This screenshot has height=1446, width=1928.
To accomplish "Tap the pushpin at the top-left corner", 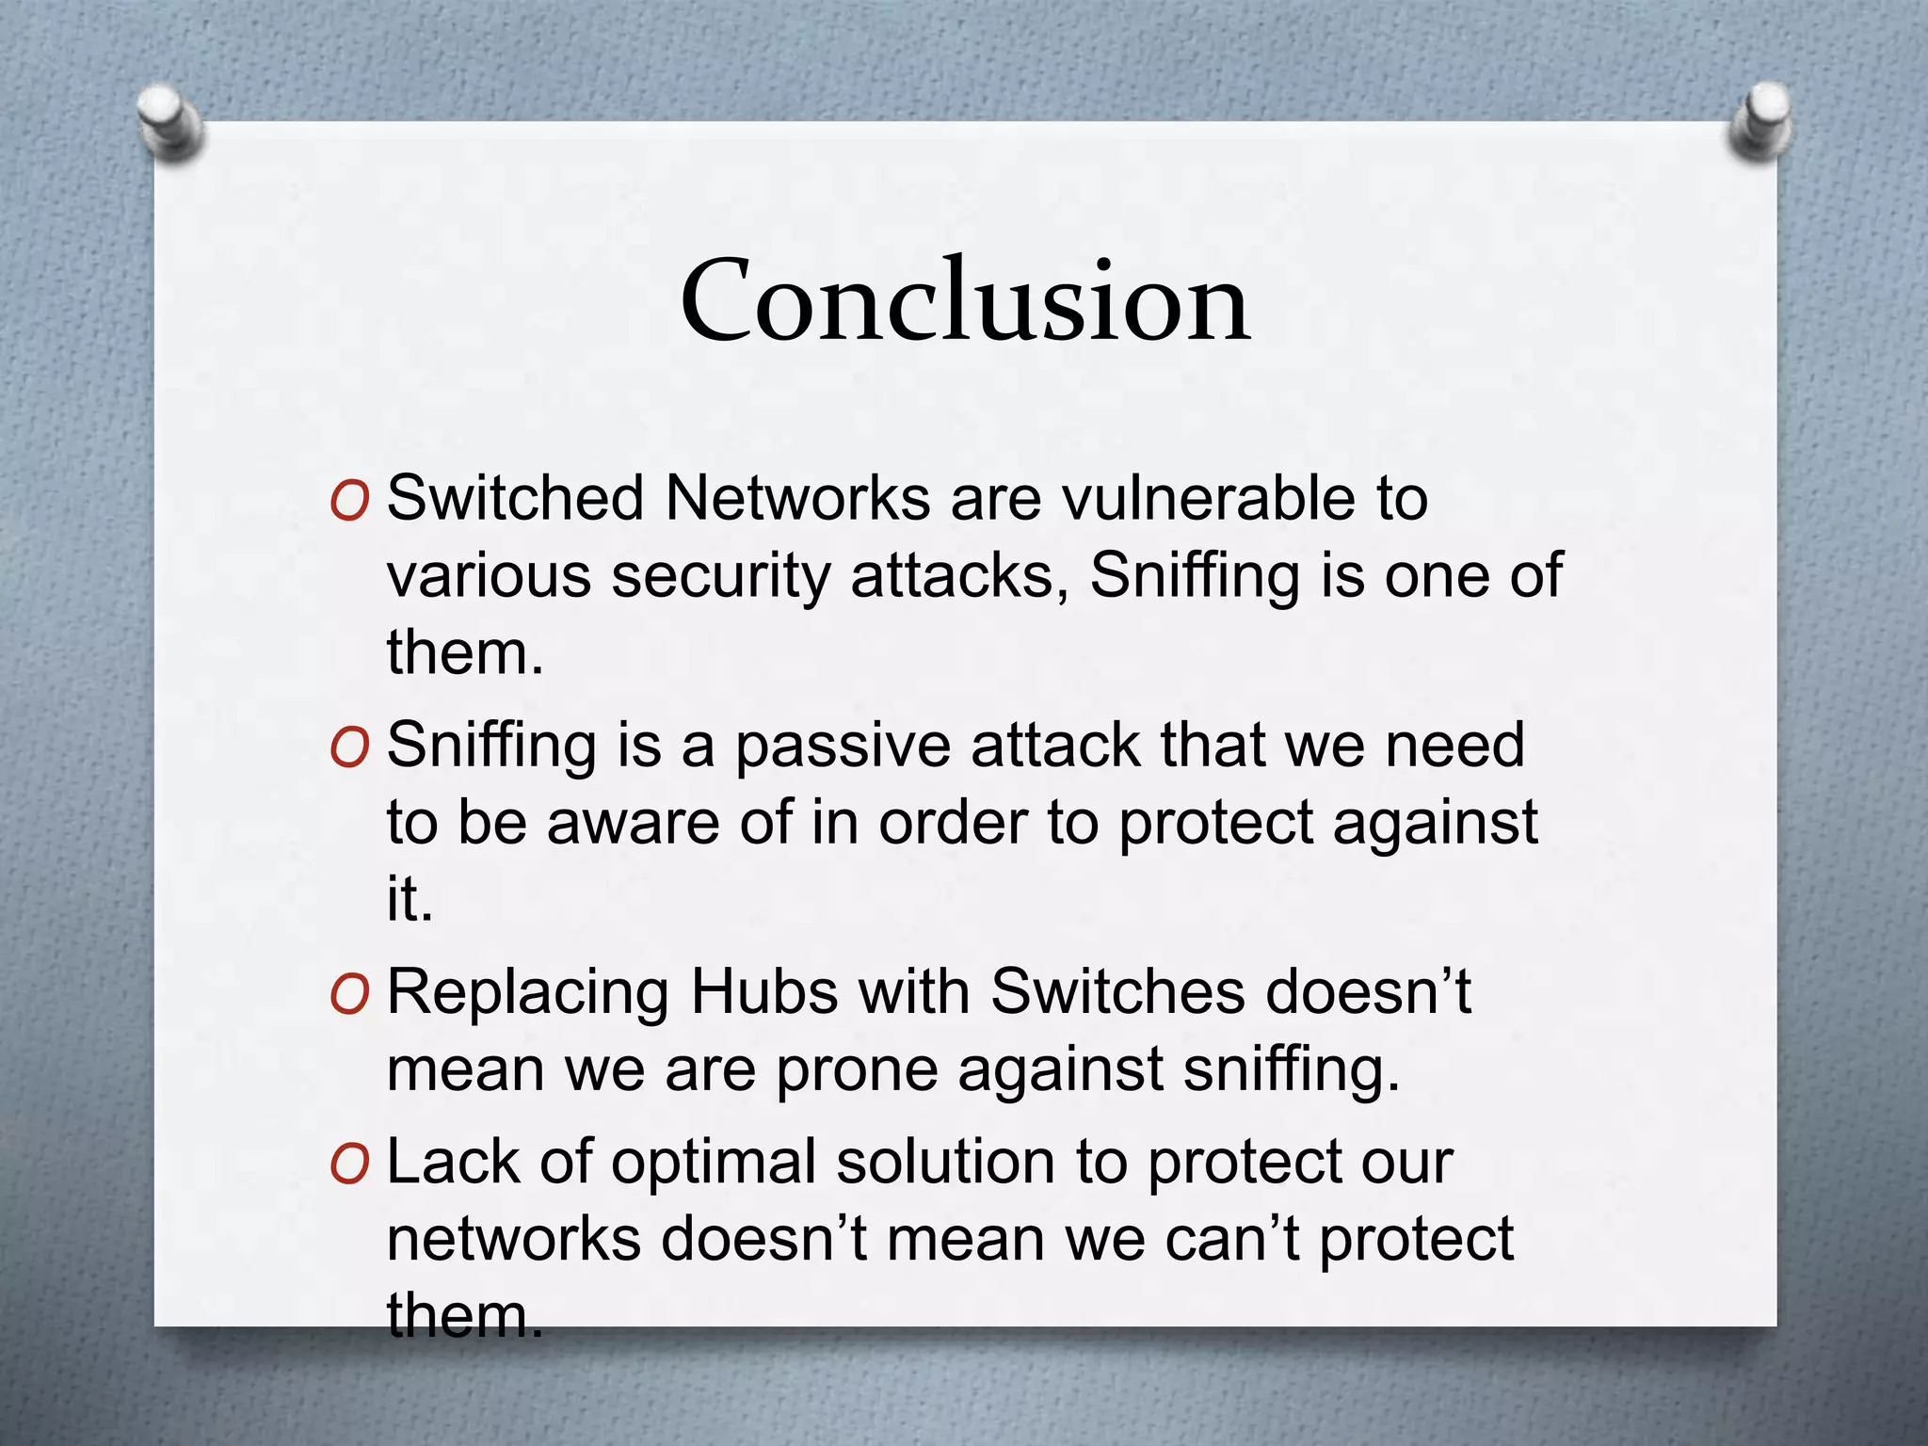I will (169, 122).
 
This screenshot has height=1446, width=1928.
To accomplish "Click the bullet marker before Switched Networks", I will (349, 501).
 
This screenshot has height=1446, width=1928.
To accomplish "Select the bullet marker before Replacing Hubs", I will (349, 995).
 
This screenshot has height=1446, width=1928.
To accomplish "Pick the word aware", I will (633, 823).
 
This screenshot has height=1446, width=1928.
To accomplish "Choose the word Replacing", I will (527, 994).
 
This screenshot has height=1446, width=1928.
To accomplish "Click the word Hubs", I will (763, 992).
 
